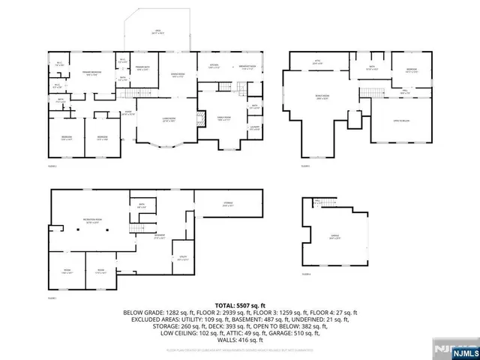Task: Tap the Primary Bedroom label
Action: coord(92,73)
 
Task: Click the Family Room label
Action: coord(223,118)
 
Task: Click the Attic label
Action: coord(316,63)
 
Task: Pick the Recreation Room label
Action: coord(92,221)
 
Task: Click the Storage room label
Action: coord(227,204)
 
